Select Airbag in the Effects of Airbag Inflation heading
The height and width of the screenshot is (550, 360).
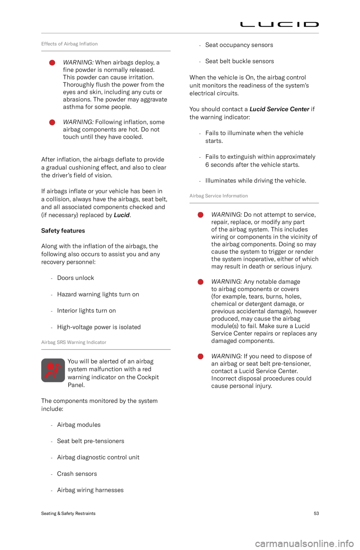(70, 44)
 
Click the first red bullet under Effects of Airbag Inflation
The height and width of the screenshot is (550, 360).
(52, 63)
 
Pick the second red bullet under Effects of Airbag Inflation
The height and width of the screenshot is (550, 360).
(52, 123)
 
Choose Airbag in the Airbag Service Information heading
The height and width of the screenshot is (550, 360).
(196, 196)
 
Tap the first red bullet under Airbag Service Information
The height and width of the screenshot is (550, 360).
(201, 215)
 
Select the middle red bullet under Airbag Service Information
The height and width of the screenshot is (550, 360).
(201, 282)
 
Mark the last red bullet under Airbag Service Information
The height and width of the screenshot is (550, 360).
(201, 356)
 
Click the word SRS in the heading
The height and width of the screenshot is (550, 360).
(60, 342)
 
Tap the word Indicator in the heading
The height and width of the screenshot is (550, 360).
(97, 342)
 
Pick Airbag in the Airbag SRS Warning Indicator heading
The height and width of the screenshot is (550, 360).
(48, 342)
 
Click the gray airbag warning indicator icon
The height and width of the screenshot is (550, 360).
(53, 371)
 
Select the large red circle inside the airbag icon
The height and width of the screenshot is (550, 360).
(50, 366)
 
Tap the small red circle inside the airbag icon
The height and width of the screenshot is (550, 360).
(57, 365)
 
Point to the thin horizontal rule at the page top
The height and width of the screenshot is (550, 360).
(180, 33)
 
